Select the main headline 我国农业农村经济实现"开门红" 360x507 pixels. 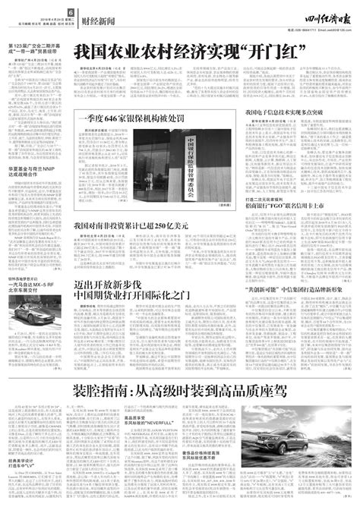[x=194, y=52]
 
